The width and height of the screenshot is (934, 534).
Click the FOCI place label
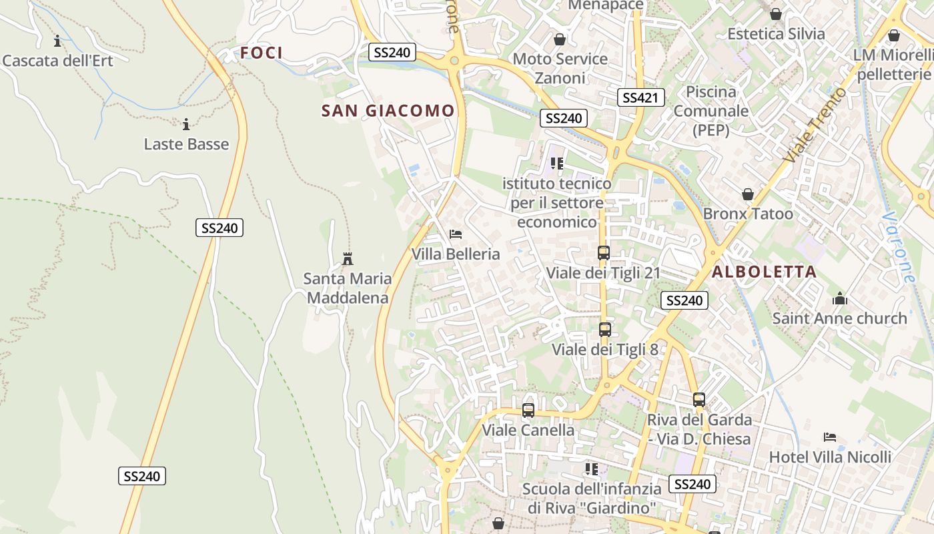tap(262, 53)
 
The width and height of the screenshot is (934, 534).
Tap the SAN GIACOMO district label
tap(388, 111)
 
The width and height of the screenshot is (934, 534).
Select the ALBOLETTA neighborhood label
tap(764, 272)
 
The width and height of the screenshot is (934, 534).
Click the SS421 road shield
tap(640, 98)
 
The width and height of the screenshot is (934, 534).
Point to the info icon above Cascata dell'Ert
tap(57, 41)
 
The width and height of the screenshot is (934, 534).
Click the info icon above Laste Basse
tap(186, 124)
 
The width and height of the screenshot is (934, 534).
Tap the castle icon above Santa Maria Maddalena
tap(347, 258)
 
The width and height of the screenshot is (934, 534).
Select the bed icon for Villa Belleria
tap(456, 234)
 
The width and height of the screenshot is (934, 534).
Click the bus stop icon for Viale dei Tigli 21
tap(604, 253)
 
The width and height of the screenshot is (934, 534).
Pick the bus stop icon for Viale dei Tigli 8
tap(605, 330)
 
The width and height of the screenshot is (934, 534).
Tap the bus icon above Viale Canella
tap(528, 411)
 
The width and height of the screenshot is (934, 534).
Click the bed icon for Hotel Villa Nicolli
tap(830, 437)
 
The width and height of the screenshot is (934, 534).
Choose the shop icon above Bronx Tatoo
tap(748, 194)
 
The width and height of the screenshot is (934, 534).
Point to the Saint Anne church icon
tap(840, 298)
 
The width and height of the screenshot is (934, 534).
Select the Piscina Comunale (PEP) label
tap(711, 111)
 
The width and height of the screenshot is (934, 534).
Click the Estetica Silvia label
tap(776, 33)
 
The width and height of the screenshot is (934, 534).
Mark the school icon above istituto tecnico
tap(557, 163)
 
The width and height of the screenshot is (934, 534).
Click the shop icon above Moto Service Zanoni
tap(560, 39)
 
